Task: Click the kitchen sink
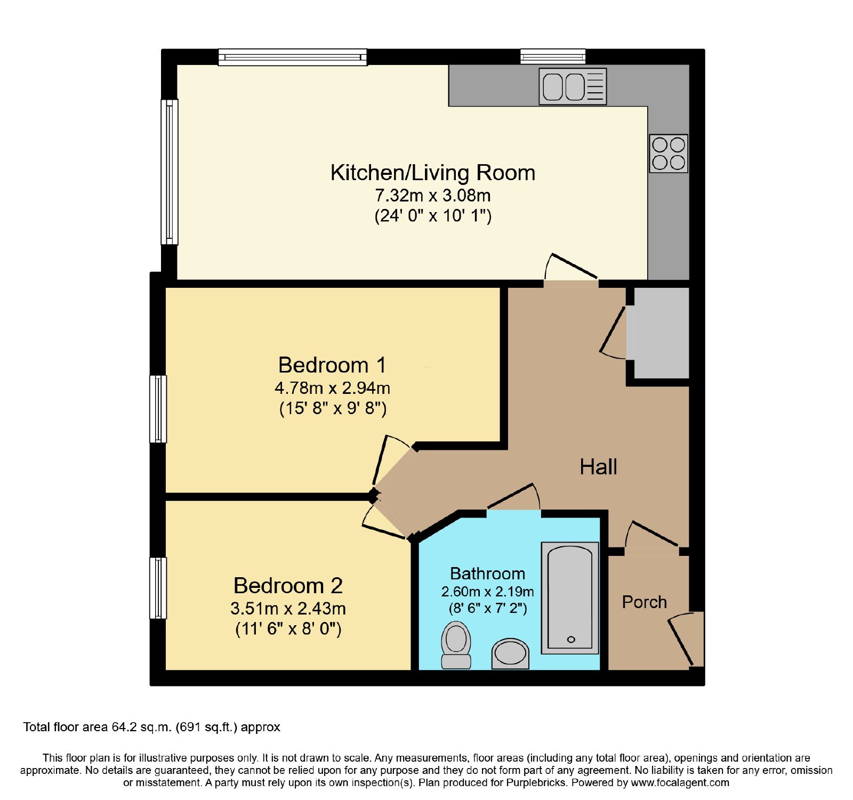(x=573, y=86)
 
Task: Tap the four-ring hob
(x=669, y=153)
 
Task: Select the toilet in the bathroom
(x=456, y=645)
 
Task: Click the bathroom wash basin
(x=510, y=653)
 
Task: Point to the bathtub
(x=570, y=598)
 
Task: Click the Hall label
(x=598, y=467)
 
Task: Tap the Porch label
(x=645, y=602)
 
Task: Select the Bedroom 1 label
(x=332, y=365)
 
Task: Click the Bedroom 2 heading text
(x=288, y=586)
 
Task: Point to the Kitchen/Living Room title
(x=433, y=173)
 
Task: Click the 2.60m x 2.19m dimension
(x=488, y=592)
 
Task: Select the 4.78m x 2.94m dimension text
(x=333, y=388)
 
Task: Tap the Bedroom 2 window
(x=158, y=588)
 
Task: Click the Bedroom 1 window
(x=158, y=409)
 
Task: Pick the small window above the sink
(x=553, y=56)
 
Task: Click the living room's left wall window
(x=170, y=172)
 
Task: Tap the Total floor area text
(x=151, y=727)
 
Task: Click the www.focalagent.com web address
(x=680, y=783)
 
